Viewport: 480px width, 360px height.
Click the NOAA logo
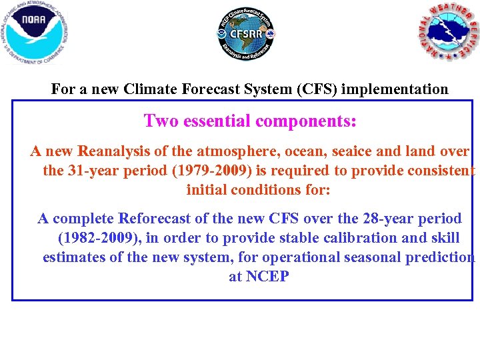(x=35, y=33)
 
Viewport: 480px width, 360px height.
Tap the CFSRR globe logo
(x=246, y=33)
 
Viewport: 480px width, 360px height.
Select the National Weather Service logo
(x=448, y=33)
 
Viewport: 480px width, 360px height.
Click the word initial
(x=207, y=189)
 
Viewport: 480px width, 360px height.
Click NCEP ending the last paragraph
(x=268, y=276)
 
